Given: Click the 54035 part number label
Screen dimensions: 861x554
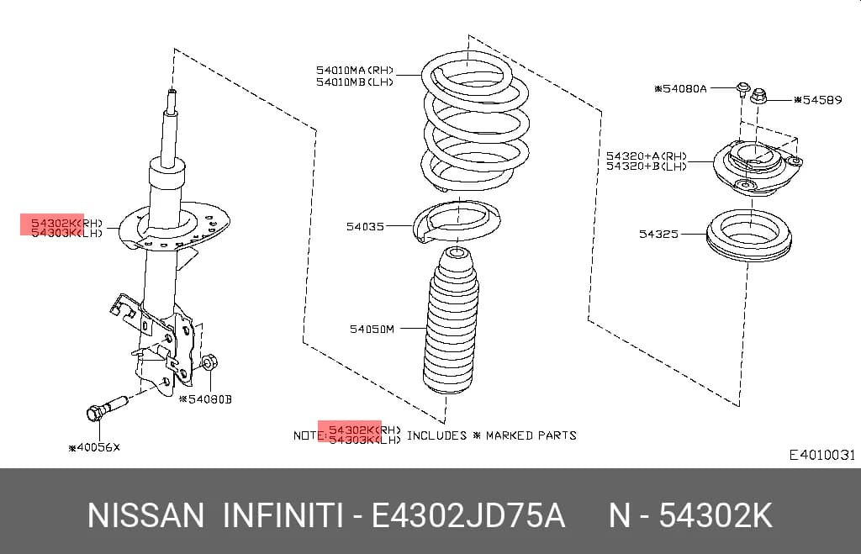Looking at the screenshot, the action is coord(365,226).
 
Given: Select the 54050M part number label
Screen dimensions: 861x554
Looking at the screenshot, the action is coord(372,329).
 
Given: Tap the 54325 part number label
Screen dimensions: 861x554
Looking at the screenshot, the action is coord(658,235).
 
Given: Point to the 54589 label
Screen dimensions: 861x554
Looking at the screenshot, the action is coord(817,100).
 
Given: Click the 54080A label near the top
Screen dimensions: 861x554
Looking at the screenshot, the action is coord(681,88).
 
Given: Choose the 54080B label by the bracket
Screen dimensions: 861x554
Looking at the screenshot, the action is coord(206,399).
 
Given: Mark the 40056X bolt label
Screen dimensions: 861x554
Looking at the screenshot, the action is coord(94,447).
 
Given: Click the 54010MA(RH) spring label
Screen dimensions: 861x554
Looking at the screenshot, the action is coord(355,71).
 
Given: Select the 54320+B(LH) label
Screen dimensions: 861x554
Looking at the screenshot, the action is coord(647,166).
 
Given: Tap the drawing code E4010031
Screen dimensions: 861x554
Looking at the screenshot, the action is coord(822,455).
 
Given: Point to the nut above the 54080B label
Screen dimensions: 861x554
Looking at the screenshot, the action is coord(209,362).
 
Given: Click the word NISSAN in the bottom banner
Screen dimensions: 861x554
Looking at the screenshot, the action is coord(145,516).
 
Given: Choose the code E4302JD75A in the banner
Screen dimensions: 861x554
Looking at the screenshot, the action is coord(467,516).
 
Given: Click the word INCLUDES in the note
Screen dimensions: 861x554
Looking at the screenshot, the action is coord(436,435).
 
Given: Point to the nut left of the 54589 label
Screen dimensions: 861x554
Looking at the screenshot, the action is coord(758,97).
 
